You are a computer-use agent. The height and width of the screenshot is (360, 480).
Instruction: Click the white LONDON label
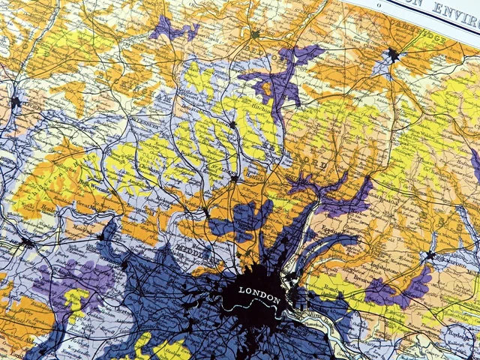point(259,291)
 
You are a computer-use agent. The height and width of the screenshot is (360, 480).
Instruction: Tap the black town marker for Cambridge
point(392,54)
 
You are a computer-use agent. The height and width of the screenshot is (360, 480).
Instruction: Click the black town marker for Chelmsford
point(429,256)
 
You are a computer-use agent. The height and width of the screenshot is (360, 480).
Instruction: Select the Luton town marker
point(233,124)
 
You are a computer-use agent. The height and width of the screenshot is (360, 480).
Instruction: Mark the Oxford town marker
point(15,100)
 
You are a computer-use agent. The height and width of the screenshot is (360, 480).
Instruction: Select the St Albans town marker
point(235,178)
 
